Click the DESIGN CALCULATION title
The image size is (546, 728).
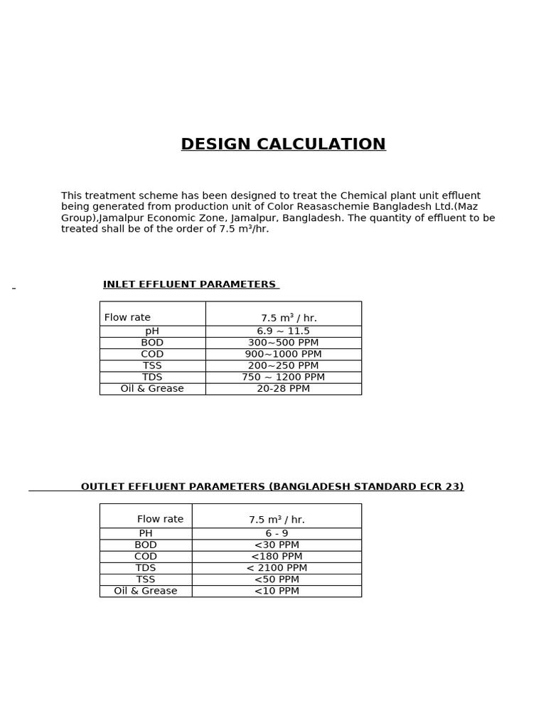click(283, 144)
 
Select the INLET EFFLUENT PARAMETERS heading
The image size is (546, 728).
click(189, 284)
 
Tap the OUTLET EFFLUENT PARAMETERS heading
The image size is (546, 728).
click(272, 487)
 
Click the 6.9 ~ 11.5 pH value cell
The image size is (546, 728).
click(283, 331)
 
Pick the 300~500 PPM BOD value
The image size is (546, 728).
click(283, 343)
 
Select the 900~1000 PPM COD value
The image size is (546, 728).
click(283, 354)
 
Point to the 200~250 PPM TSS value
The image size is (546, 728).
click(283, 365)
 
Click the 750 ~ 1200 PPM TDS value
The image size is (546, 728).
click(283, 377)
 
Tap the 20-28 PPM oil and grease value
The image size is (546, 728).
click(283, 389)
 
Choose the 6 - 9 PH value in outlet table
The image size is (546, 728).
click(277, 533)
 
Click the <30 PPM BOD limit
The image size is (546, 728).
click(277, 545)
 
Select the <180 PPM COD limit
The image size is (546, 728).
click(277, 557)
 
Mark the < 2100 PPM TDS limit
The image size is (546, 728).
click(277, 568)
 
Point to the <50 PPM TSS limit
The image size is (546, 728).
click(277, 579)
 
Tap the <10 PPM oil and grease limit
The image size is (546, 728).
click(277, 591)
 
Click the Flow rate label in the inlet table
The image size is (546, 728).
click(127, 318)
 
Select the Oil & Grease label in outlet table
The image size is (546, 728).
click(146, 591)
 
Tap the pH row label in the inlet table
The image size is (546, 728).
click(152, 331)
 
